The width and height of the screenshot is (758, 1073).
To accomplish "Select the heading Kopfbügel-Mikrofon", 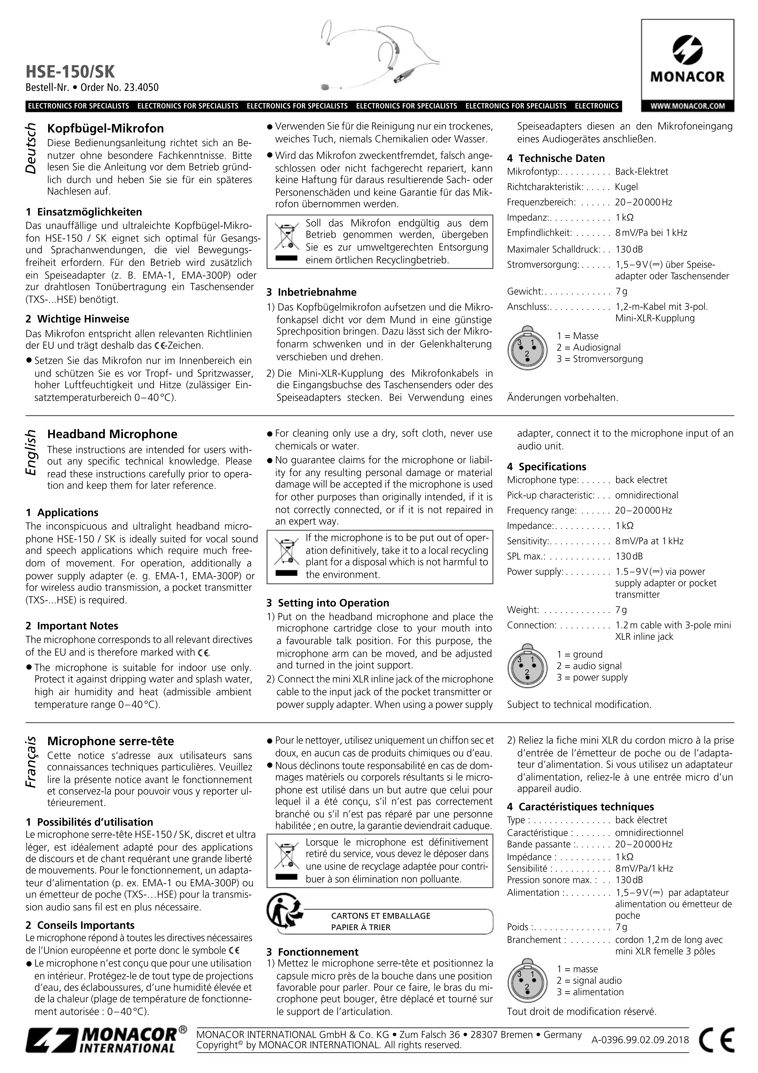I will [106, 128].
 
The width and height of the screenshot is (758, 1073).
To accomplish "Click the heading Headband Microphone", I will [112, 434].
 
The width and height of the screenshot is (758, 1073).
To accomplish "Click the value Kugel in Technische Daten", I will [626, 187].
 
